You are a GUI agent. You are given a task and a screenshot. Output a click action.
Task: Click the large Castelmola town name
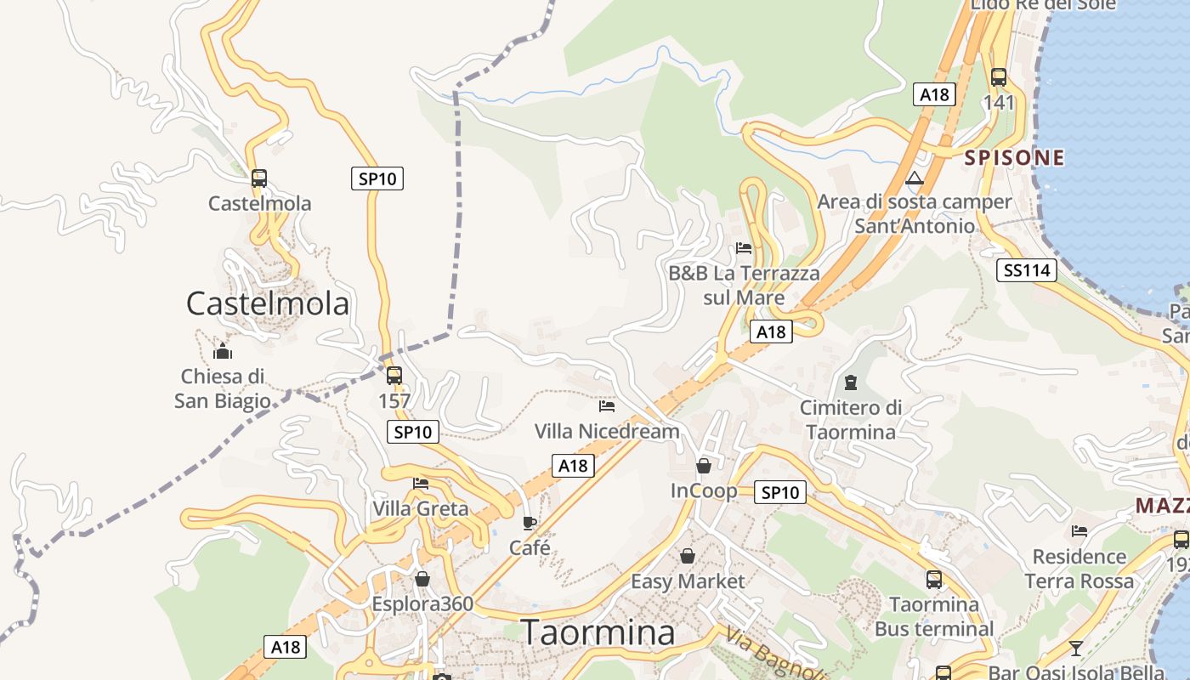pyautogui.click(x=268, y=303)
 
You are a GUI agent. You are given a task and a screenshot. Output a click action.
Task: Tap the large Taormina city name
pyautogui.click(x=598, y=632)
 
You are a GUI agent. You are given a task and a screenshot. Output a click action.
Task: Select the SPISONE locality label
pyautogui.click(x=1014, y=157)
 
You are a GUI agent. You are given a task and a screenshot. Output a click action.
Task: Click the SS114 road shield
pyautogui.click(x=1027, y=270)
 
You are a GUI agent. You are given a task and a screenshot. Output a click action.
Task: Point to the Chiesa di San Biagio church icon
pyautogui.click(x=223, y=351)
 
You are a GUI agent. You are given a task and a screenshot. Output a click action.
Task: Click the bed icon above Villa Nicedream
pyautogui.click(x=607, y=406)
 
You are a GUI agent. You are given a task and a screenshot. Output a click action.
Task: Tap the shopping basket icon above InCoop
pyautogui.click(x=704, y=466)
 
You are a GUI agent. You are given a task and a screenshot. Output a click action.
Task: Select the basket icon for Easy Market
pyautogui.click(x=688, y=556)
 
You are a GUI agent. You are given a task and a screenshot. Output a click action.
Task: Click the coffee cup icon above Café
pyautogui.click(x=530, y=523)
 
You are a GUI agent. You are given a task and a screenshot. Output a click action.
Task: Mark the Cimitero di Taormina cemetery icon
pyautogui.click(x=851, y=382)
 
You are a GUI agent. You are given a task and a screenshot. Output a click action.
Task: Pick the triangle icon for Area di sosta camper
pyautogui.click(x=915, y=178)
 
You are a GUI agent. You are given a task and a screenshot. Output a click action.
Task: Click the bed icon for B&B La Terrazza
pyautogui.click(x=744, y=248)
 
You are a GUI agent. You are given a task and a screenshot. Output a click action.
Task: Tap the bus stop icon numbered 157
pyautogui.click(x=394, y=375)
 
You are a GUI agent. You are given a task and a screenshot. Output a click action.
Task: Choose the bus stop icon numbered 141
pyautogui.click(x=999, y=77)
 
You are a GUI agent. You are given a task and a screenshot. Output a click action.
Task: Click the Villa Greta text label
pyautogui.click(x=421, y=508)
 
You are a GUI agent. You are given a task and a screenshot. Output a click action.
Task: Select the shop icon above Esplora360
pyautogui.click(x=422, y=579)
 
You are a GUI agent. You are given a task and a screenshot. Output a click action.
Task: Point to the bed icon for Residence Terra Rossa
pyautogui.click(x=1079, y=531)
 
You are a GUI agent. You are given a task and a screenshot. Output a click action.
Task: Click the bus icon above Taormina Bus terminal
pyautogui.click(x=934, y=580)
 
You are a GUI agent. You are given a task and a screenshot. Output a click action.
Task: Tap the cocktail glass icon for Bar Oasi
pyautogui.click(x=1076, y=649)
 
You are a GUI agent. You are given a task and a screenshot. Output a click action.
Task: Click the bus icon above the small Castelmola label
pyautogui.click(x=259, y=178)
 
